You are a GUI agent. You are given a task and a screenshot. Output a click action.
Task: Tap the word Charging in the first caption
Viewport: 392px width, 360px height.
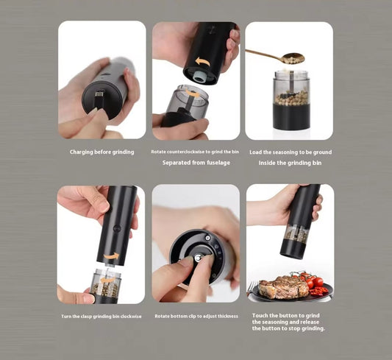point(82,152)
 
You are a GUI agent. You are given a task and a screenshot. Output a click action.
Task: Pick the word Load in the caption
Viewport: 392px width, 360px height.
point(256,152)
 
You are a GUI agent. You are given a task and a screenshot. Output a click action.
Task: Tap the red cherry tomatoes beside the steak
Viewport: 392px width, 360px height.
point(312,283)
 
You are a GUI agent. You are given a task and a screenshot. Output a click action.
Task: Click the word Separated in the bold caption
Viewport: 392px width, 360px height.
point(178,162)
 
